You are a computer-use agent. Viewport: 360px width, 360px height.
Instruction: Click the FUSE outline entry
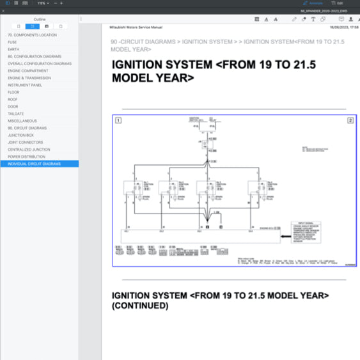[x=12, y=42]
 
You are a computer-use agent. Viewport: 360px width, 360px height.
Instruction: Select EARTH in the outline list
[x=13, y=49]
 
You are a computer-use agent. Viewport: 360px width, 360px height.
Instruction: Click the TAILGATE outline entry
[x=16, y=114]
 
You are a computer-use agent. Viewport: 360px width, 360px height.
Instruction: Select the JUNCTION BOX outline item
[x=20, y=135]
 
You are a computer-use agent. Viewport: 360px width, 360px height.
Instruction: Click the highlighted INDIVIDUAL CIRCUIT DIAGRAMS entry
[x=35, y=164]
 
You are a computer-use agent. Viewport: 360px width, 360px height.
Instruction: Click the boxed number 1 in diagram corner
[x=118, y=120]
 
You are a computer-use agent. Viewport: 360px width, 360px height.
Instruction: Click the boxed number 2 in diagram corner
[x=350, y=120]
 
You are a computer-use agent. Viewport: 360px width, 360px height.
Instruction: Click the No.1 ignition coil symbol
[x=135, y=187]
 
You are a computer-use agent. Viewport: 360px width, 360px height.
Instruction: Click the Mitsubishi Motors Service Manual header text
[x=136, y=27]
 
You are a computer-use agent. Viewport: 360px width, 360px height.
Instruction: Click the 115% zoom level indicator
[x=40, y=3]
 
